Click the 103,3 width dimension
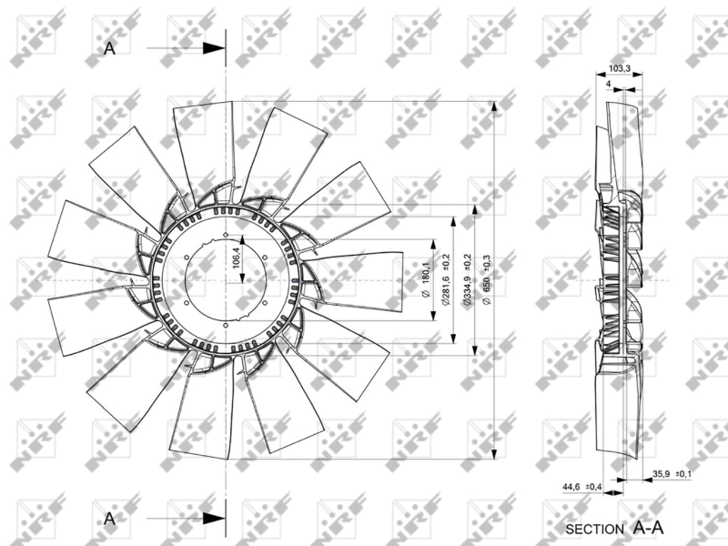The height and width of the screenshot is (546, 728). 620,69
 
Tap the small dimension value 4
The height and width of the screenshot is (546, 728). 607,83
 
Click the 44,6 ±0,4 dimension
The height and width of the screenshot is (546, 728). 577,487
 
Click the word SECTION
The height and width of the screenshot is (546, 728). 595,528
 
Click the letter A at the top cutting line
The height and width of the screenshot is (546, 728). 110,49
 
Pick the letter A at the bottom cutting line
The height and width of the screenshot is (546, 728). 110,519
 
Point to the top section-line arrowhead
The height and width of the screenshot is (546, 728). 215,49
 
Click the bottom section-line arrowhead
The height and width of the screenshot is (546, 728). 215,519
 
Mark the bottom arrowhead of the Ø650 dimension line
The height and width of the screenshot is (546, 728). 494,455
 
